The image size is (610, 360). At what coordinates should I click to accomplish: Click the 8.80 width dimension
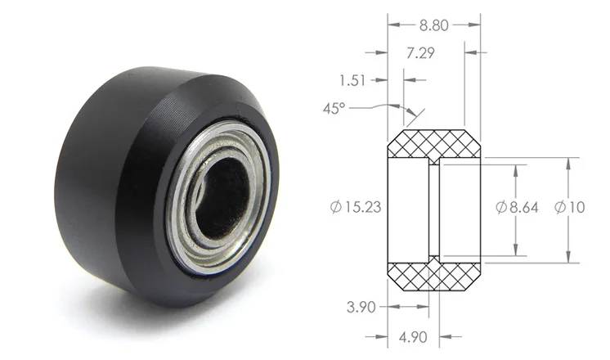pyautogui.click(x=433, y=25)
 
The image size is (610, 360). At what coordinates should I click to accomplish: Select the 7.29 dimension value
pyautogui.click(x=420, y=53)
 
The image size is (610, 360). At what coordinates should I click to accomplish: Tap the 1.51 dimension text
pyautogui.click(x=352, y=80)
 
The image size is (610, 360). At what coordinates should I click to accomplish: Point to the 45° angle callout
pyautogui.click(x=334, y=108)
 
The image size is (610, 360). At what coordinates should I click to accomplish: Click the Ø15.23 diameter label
pyautogui.click(x=356, y=207)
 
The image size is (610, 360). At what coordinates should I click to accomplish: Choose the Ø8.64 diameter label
pyautogui.click(x=517, y=207)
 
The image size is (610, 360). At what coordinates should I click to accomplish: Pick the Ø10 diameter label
pyautogui.click(x=570, y=207)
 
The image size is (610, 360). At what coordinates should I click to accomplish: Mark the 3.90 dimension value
pyautogui.click(x=361, y=307)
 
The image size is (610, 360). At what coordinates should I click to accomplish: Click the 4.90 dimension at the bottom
pyautogui.click(x=413, y=336)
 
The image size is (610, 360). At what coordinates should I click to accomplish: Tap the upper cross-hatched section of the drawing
pyautogui.click(x=433, y=144)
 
